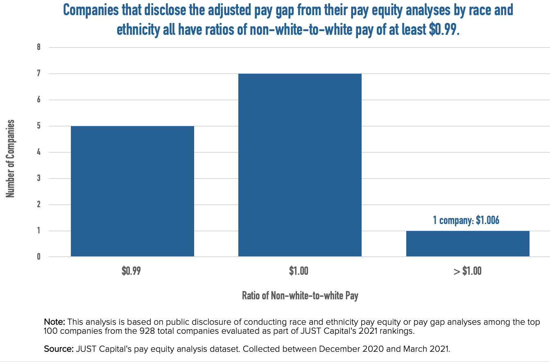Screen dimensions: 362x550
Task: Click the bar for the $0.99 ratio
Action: tap(132, 191)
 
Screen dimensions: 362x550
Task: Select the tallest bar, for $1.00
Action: tap(300, 165)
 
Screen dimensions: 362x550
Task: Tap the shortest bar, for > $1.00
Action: tap(468, 244)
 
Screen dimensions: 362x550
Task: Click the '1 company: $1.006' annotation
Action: tap(466, 220)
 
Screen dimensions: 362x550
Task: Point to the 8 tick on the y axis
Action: tap(39, 47)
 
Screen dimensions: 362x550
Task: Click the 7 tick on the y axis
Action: tap(39, 74)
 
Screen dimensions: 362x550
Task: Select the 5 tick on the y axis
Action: tap(39, 126)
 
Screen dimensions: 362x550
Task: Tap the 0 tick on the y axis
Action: tap(39, 257)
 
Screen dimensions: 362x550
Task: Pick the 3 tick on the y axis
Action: tap(39, 179)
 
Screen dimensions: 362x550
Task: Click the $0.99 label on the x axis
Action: tap(131, 271)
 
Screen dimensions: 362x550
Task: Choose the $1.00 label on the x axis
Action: tap(299, 271)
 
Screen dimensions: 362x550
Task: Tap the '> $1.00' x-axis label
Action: tap(467, 271)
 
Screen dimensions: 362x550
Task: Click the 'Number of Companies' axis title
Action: tap(10, 158)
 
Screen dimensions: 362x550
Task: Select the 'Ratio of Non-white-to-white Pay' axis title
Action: tap(300, 296)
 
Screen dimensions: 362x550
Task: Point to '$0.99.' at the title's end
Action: tap(444, 30)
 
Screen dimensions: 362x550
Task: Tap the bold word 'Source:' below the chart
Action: tap(58, 349)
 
